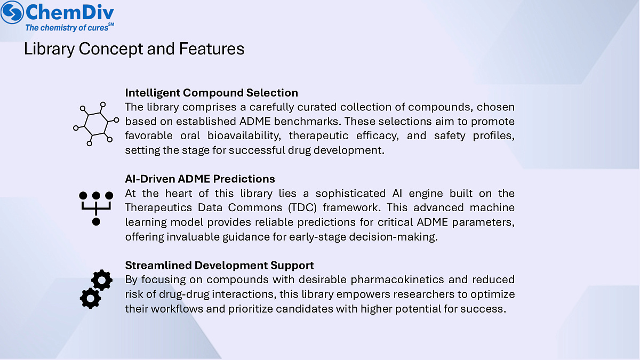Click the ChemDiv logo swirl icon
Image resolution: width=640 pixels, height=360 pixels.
pyautogui.click(x=12, y=12)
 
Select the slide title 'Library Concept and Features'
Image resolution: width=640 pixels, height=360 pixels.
pyautogui.click(x=134, y=49)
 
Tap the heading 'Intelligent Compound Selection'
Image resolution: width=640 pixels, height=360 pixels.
pyautogui.click(x=211, y=93)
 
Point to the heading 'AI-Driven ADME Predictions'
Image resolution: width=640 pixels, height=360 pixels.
pyautogui.click(x=200, y=179)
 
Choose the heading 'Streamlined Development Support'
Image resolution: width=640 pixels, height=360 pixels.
pyautogui.click(x=219, y=265)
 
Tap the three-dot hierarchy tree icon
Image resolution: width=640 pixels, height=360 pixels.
pyautogui.click(x=96, y=207)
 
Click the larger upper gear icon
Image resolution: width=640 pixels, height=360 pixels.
pyautogui.click(x=101, y=279)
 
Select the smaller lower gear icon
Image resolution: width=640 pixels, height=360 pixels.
pyautogui.click(x=90, y=298)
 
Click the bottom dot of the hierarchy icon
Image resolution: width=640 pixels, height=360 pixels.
pyautogui.click(x=96, y=221)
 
